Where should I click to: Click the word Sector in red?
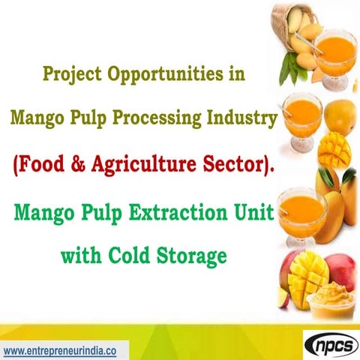[x=237, y=166]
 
